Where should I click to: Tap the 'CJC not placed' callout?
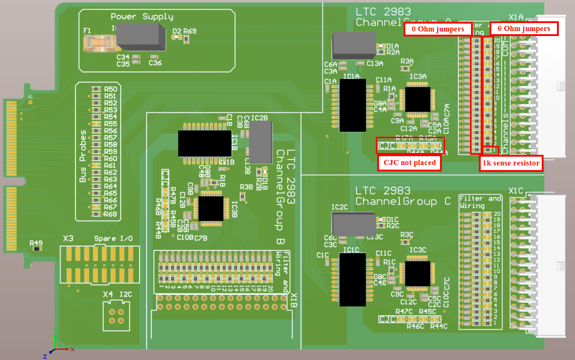click(410, 163)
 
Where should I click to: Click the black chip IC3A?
click(417, 99)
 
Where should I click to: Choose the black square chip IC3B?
click(210, 208)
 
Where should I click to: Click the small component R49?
click(37, 249)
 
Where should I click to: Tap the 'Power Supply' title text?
click(142, 17)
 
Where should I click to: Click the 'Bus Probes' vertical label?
click(83, 156)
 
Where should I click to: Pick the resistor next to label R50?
click(96, 89)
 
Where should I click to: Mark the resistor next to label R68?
click(96, 214)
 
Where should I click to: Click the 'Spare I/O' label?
click(113, 238)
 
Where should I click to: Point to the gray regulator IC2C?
click(353, 224)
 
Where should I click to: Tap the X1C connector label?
click(515, 190)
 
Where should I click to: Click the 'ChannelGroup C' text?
click(403, 201)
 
